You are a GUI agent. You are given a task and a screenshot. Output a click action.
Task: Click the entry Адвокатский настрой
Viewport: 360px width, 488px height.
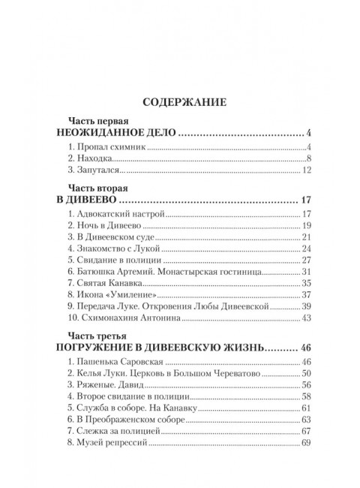point(114,215)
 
